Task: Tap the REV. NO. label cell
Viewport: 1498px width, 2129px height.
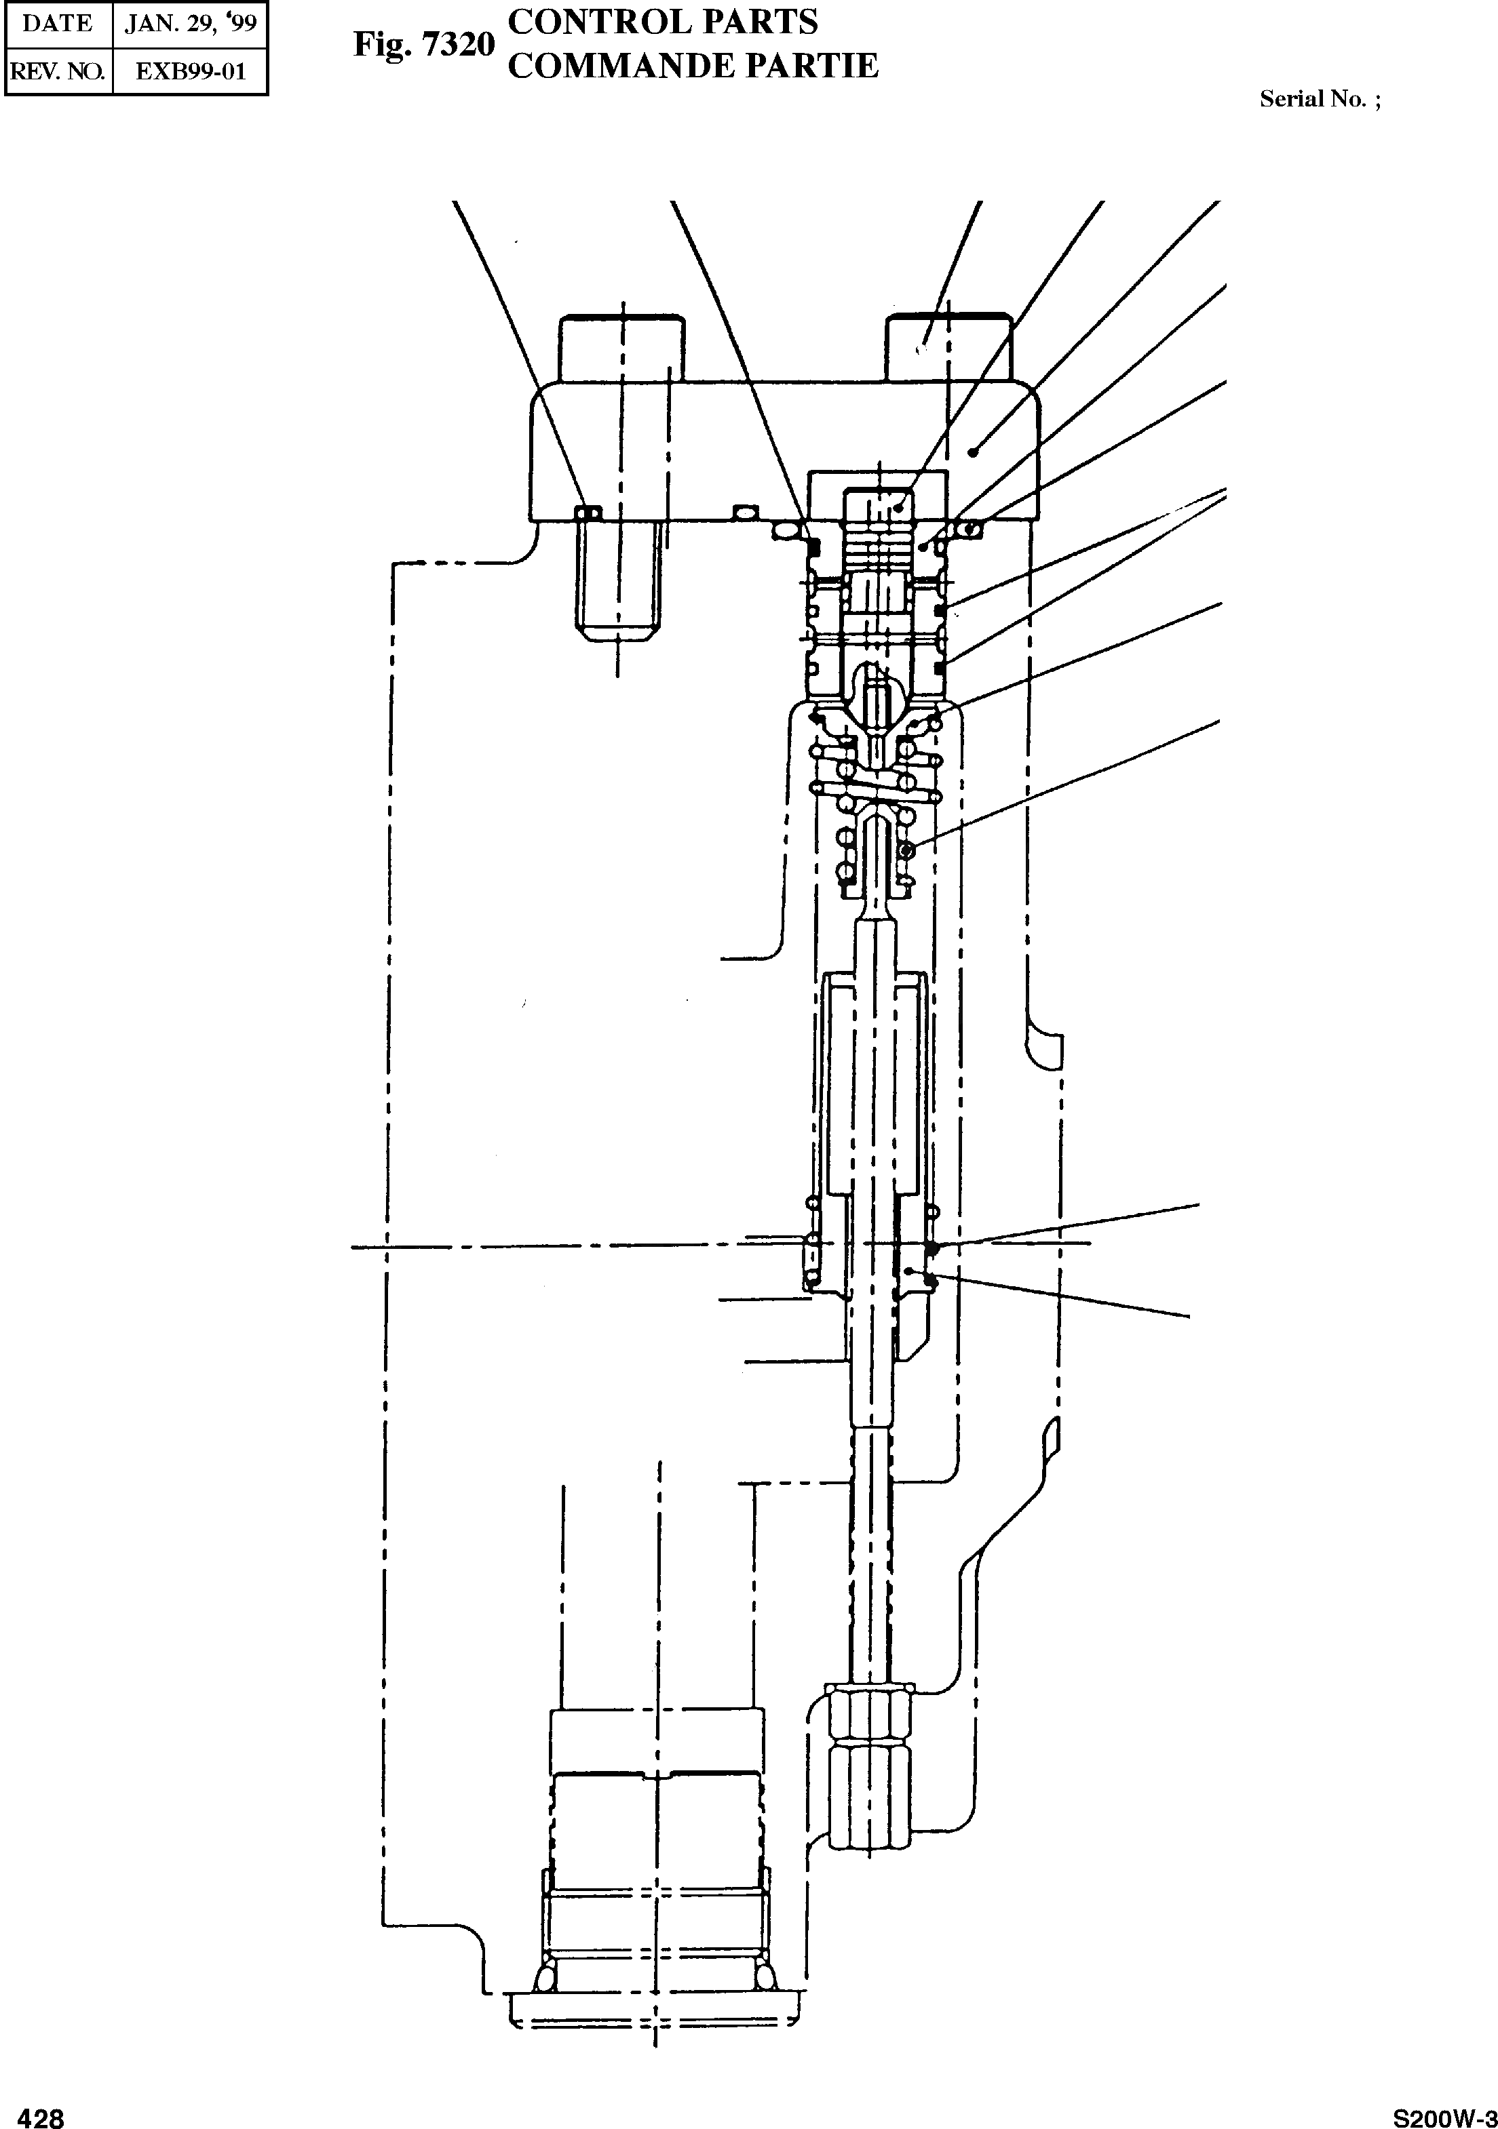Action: point(58,71)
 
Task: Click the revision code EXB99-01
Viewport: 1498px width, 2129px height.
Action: point(190,71)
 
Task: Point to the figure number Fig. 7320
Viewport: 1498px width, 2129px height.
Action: point(424,45)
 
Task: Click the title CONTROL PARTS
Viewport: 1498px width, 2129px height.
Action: point(664,22)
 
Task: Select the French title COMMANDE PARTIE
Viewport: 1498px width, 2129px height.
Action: point(693,66)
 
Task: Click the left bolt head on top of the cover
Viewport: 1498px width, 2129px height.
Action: point(621,349)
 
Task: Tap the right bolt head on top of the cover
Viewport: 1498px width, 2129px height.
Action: point(949,349)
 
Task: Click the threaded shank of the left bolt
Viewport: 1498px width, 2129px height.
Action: point(619,580)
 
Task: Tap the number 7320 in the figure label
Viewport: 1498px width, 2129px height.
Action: point(460,45)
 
